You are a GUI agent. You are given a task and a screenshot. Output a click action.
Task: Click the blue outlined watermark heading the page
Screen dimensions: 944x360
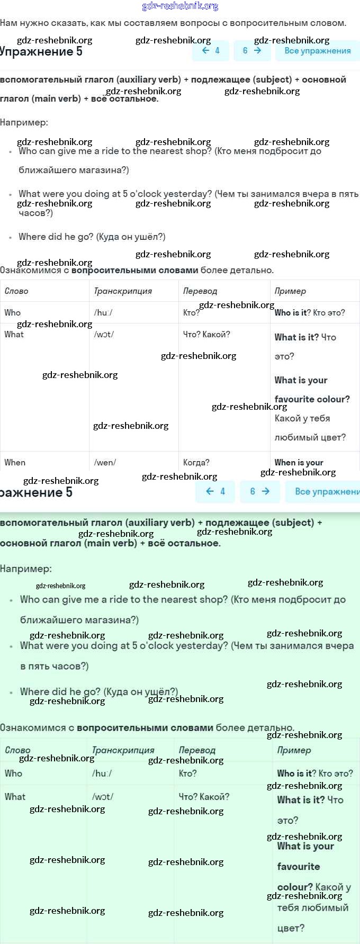tap(180, 6)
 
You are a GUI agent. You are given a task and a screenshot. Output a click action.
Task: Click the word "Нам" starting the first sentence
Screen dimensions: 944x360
tap(8, 23)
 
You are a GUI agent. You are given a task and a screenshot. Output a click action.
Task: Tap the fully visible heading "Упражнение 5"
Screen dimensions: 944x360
tap(41, 52)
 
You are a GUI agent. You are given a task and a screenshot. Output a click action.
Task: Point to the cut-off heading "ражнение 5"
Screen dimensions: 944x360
tap(36, 492)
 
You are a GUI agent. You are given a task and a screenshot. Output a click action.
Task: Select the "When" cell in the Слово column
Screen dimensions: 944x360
tap(15, 462)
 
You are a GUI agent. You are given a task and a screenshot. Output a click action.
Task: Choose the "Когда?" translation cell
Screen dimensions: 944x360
tap(196, 462)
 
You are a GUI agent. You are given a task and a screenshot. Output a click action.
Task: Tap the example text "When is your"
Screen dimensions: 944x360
tap(299, 462)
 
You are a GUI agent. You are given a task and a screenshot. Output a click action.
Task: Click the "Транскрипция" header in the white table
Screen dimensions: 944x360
tap(123, 291)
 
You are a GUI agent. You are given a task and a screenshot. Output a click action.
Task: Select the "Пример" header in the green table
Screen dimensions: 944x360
tap(294, 750)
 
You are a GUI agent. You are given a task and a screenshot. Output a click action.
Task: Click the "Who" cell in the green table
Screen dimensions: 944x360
tap(13, 773)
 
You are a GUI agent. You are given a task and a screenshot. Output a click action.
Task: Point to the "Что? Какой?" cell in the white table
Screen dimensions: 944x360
tap(206, 334)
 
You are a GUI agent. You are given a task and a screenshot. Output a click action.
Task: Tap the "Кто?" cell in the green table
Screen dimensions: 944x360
tap(187, 773)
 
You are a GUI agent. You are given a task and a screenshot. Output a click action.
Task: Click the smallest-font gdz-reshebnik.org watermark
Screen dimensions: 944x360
tap(60, 586)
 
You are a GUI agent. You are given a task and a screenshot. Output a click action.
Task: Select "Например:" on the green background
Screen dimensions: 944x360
tap(26, 569)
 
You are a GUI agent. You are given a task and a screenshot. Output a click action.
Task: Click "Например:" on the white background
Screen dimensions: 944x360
tap(24, 122)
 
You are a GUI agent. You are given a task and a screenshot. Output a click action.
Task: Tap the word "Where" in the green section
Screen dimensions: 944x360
tap(34, 691)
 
